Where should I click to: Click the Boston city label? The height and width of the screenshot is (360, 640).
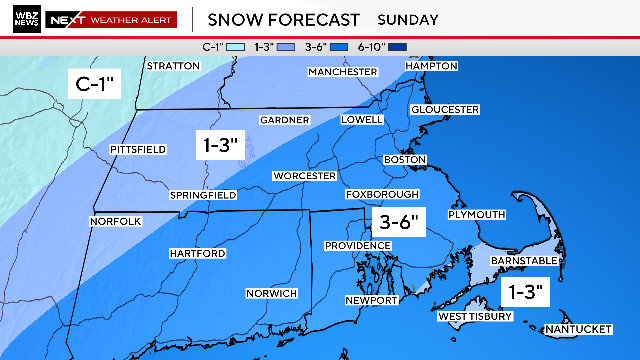[x=405, y=160]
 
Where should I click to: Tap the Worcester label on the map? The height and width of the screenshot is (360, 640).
[x=305, y=176]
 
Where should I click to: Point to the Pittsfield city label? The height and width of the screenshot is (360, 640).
[x=137, y=150]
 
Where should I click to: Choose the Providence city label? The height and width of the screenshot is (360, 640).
[x=357, y=246]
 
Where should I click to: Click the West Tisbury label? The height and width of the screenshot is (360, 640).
[x=475, y=317]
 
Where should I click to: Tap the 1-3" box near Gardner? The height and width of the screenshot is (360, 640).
[x=218, y=146]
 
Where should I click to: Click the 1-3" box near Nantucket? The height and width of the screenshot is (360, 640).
[x=523, y=292]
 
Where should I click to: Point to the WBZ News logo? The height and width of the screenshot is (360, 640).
[x=27, y=19]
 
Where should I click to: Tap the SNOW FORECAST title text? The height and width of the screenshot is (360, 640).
[x=277, y=19]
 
